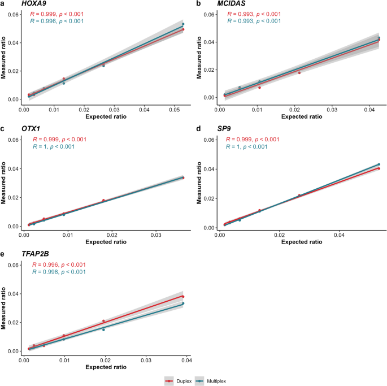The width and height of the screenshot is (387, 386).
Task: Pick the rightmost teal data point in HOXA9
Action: tap(183, 24)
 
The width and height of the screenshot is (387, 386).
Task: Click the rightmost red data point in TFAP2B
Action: tap(183, 297)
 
